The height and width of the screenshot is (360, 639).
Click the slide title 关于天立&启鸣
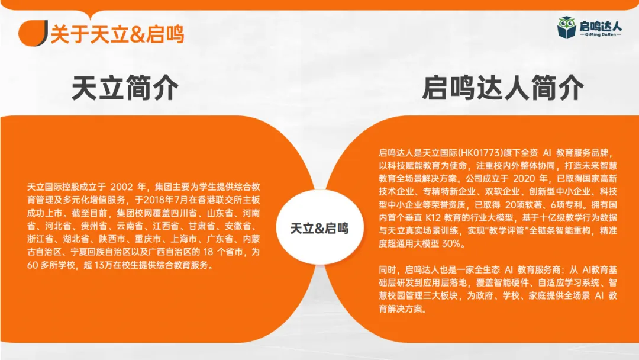click(117, 34)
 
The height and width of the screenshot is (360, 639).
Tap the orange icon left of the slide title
click(33, 33)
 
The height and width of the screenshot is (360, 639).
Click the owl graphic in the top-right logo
click(567, 27)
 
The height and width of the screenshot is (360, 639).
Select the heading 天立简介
click(125, 89)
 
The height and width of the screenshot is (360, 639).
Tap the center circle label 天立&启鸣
click(319, 228)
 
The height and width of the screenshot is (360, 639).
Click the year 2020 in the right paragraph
click(526, 178)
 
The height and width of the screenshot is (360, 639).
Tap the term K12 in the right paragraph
click(433, 217)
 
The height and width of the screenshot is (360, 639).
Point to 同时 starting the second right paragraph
click(388, 269)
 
